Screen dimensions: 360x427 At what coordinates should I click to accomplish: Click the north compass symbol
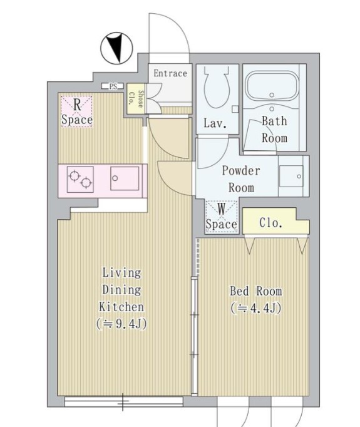click(116, 48)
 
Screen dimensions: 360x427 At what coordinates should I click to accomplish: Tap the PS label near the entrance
click(113, 86)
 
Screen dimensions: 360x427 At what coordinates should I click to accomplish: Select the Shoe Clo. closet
click(136, 98)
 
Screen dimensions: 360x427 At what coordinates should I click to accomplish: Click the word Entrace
click(170, 73)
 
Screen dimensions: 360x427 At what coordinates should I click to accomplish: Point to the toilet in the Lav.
click(217, 87)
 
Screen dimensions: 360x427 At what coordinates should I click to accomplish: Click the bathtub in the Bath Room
click(272, 86)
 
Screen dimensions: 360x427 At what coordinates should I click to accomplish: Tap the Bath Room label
click(274, 130)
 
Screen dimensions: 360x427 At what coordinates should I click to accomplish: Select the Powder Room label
click(240, 179)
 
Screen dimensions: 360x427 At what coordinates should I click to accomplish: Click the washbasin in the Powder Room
click(291, 176)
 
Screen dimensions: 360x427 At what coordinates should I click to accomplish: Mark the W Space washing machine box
click(222, 217)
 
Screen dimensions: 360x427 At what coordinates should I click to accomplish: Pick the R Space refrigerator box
click(76, 112)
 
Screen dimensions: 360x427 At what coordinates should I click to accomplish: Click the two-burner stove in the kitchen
click(80, 180)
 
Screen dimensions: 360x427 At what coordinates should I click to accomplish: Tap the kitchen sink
click(125, 178)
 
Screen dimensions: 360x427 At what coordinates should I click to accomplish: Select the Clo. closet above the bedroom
click(275, 221)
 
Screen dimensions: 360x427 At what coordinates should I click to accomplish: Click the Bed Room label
click(256, 291)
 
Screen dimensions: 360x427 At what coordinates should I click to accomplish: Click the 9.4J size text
click(121, 324)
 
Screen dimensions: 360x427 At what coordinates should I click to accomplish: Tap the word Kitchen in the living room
click(121, 307)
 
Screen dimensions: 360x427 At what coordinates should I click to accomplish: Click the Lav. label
click(215, 124)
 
